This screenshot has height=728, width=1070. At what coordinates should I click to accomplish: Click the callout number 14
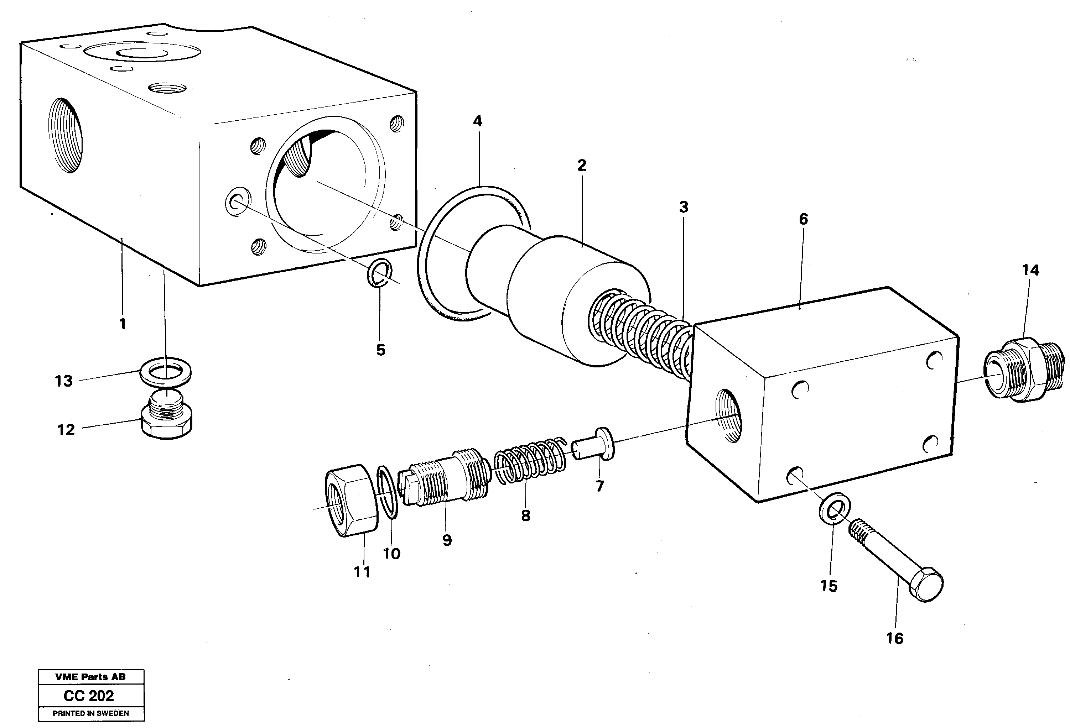pyautogui.click(x=1030, y=270)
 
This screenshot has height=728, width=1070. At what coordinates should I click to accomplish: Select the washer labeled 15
pyautogui.click(x=835, y=508)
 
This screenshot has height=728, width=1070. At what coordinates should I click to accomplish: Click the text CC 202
pyautogui.click(x=89, y=696)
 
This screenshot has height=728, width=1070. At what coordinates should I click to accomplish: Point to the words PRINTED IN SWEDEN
pyautogui.click(x=91, y=713)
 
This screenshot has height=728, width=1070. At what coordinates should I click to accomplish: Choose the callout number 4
pyautogui.click(x=477, y=121)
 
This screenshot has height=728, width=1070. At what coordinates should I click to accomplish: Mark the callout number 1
pyautogui.click(x=122, y=324)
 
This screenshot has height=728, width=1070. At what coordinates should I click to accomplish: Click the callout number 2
pyautogui.click(x=582, y=166)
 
